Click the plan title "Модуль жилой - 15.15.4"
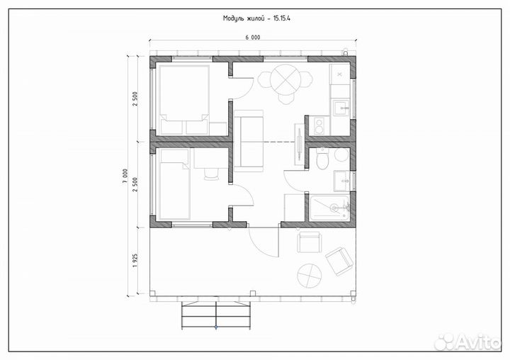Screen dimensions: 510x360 tap(256, 18)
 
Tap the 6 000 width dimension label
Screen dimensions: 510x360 tap(253, 37)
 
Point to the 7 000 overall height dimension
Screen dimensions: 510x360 tap(125, 176)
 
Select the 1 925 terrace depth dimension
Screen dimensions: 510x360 tap(135, 260)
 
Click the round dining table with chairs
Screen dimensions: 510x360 tap(285, 84)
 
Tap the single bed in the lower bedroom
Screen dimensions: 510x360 tap(174, 184)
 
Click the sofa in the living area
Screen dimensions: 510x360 tap(249, 141)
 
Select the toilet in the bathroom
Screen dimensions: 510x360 tap(323, 159)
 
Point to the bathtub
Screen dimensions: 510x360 tap(330, 208)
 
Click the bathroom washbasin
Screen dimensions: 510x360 tap(342, 181)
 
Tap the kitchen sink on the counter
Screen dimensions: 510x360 tap(341, 108)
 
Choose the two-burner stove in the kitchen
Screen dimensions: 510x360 tap(319, 126)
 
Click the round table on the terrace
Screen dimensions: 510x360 tap(310, 276)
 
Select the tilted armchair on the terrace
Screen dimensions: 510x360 tap(339, 261)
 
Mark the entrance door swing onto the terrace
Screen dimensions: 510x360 tap(263, 240)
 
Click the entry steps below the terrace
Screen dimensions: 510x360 tap(216, 315)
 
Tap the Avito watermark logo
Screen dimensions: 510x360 tap(467, 342)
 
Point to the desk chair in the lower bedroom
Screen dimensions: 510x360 tap(211, 174)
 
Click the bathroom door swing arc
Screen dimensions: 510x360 tap(295, 181)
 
